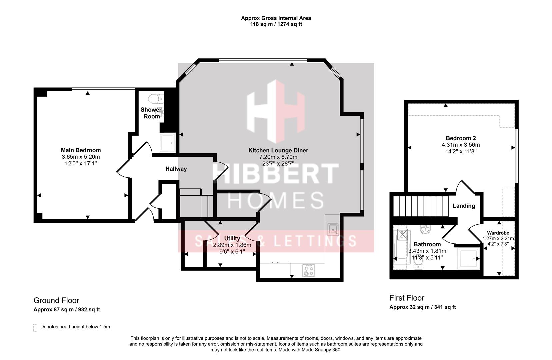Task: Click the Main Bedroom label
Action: [x=81, y=150]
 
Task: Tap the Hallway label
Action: [x=176, y=169]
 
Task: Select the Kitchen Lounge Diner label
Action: [x=278, y=151]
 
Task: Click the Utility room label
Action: [x=232, y=239]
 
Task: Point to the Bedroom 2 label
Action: [x=461, y=138]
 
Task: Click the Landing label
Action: [x=464, y=206]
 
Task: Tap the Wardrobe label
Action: [x=498, y=233]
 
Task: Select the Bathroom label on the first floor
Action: [x=427, y=244]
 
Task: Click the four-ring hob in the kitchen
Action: [x=308, y=270]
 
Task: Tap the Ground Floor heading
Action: [x=56, y=301]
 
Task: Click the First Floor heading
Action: [x=407, y=298]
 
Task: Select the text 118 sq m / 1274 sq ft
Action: [x=276, y=24]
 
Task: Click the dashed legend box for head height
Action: [x=35, y=328]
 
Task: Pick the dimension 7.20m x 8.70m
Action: [x=278, y=157]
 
